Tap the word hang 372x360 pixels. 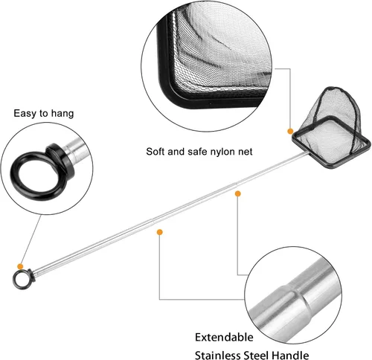pyautogui.click(x=62, y=114)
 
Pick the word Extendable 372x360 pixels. pyautogui.click(x=224, y=337)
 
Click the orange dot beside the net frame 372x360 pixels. pyautogui.click(x=290, y=131)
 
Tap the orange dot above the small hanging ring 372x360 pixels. pyautogui.click(x=20, y=267)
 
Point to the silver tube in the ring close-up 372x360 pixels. pyautogui.click(x=76, y=150)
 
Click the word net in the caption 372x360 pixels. pyautogui.click(x=245, y=152)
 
